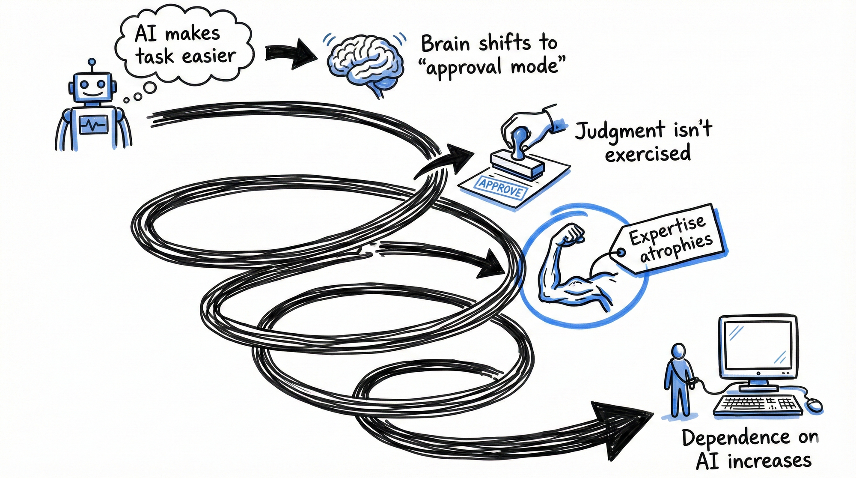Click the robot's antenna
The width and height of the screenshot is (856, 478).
click(92, 65)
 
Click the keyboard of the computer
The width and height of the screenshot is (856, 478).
click(756, 404)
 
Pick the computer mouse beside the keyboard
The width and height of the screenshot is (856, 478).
click(814, 404)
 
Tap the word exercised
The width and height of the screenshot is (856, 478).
click(648, 154)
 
